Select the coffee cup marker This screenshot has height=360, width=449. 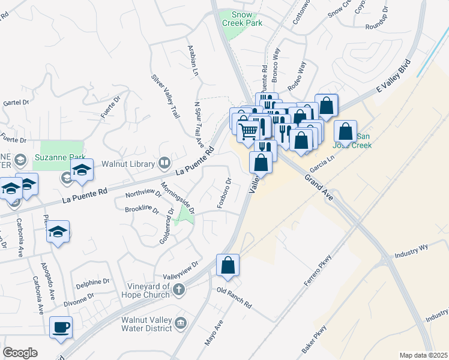(61, 328)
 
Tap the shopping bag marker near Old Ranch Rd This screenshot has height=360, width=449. (228, 265)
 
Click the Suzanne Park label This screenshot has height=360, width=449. (61, 157)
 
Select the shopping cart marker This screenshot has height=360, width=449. (248, 130)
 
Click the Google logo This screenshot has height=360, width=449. (20, 353)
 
